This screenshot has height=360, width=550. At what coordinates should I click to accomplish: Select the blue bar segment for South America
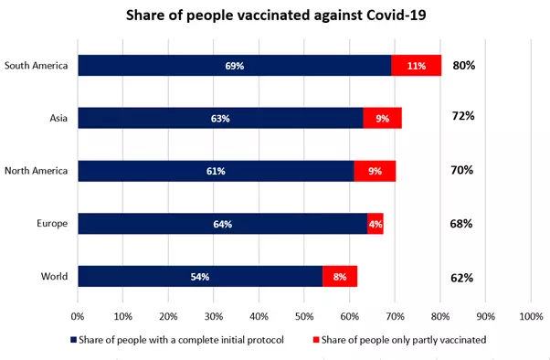point(234,66)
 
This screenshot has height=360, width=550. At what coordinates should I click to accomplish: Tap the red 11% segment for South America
point(416,66)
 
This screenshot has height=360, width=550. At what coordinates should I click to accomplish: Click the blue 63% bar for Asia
point(220,118)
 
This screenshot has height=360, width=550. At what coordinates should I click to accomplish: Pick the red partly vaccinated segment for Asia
point(382,118)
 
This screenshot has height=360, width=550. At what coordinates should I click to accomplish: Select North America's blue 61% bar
point(216,171)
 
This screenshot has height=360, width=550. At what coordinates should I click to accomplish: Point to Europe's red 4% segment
point(375,224)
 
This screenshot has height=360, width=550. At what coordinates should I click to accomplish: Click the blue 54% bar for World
point(200,277)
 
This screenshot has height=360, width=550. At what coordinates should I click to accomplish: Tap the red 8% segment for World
point(340,277)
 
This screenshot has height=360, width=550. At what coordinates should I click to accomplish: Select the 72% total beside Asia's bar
point(461,117)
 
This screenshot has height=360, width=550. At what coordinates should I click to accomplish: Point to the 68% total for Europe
point(461,224)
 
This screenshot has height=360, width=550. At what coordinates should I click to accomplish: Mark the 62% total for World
point(461,277)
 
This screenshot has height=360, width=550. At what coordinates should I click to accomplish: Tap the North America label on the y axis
point(37,171)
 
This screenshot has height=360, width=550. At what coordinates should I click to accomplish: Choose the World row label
point(55,277)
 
